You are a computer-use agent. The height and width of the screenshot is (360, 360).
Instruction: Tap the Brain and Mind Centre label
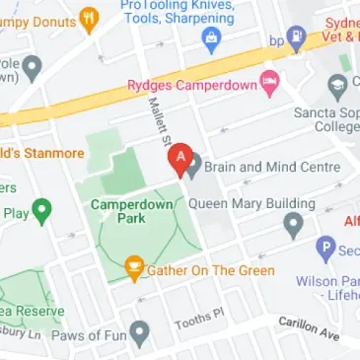[273, 167]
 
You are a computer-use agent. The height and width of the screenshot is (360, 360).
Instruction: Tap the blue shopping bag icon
[209, 39]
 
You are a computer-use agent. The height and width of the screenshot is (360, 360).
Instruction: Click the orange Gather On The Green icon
[135, 267]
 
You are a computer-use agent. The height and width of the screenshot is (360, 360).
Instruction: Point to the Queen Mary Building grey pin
[292, 226]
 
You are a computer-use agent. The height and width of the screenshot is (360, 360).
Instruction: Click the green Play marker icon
[41, 210]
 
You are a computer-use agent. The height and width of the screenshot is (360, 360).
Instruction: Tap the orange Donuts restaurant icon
[88, 17]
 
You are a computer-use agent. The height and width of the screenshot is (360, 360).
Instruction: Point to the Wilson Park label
[327, 281]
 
